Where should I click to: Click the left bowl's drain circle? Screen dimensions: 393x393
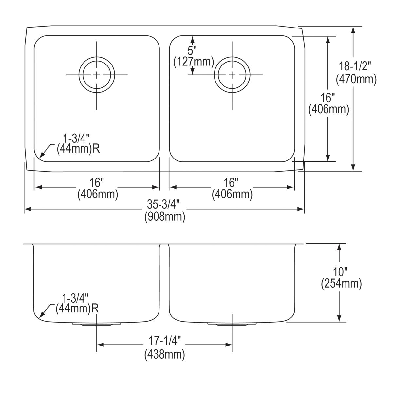97,75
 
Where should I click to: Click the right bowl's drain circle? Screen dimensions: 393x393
232,75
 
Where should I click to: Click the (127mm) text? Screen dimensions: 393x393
193,61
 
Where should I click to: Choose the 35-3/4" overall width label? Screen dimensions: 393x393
164,205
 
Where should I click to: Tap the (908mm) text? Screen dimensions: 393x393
165,217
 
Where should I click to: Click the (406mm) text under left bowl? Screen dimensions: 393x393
98,195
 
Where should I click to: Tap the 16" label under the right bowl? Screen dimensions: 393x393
232,182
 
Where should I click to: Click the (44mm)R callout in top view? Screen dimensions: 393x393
78,149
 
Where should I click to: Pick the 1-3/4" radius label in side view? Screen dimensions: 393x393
75,298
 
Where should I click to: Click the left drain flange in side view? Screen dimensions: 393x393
97,324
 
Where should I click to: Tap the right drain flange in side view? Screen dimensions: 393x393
232,324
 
